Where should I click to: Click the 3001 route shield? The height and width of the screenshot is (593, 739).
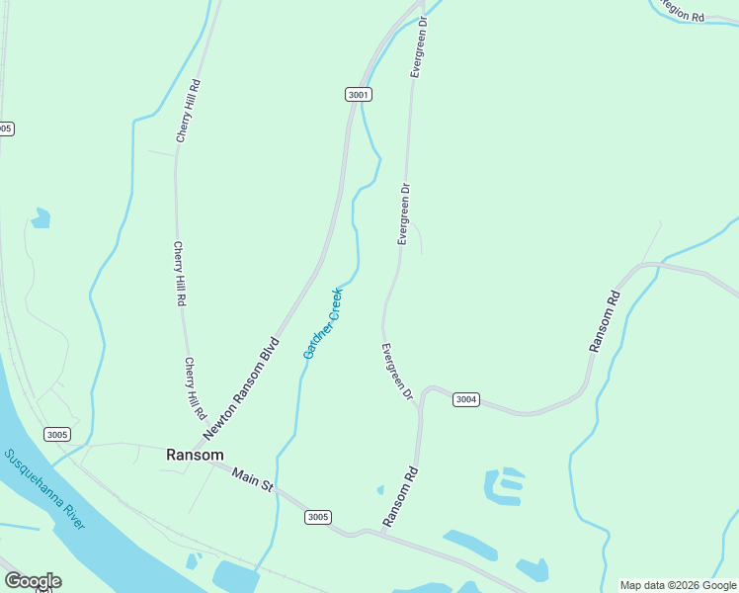point(359,95)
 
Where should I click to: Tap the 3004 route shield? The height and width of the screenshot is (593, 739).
point(466,399)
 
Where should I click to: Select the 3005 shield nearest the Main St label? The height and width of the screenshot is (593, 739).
point(317,517)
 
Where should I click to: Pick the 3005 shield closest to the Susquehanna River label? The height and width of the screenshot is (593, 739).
point(57,434)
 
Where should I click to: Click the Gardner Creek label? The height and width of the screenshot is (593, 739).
point(323,322)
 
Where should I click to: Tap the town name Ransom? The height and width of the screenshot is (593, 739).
point(195,455)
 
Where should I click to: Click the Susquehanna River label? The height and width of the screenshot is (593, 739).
point(45,490)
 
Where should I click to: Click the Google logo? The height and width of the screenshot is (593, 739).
point(33,581)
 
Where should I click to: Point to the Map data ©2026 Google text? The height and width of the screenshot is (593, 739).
point(679,585)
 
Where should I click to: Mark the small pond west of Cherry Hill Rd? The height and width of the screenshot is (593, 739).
point(41,217)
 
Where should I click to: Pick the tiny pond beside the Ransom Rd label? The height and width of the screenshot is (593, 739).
point(380,489)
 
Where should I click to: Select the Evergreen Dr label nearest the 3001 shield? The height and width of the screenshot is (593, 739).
point(419,46)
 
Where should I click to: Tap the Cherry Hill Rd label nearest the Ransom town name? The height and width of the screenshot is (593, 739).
point(194,387)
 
